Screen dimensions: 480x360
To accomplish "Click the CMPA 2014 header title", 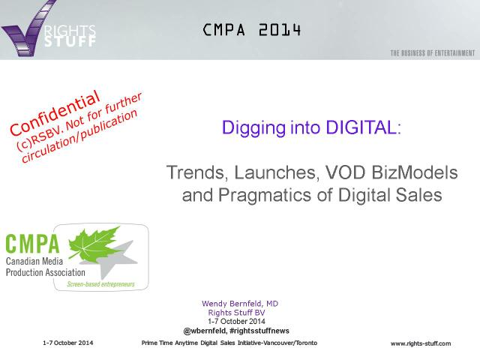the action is click(252, 30).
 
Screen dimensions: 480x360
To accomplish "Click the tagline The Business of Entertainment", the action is click(433, 53).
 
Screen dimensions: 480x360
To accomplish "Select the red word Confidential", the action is click(55, 113).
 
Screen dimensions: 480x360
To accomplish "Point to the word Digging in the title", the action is click(253, 128).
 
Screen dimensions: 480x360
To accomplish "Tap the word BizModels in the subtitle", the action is click(415, 172).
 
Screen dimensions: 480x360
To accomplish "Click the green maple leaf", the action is click(94, 243).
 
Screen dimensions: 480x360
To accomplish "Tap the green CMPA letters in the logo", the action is click(32, 244).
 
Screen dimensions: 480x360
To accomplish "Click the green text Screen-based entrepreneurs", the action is click(100, 284).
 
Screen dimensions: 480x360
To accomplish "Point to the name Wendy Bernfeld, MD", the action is click(240, 304).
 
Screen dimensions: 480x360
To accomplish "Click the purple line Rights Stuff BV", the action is click(236, 313).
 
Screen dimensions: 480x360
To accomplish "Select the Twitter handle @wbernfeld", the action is click(205, 331).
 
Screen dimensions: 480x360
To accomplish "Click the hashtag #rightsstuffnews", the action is click(259, 331).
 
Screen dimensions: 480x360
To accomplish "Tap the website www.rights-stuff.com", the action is click(421, 343).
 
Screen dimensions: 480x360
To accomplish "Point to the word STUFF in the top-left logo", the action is click(70, 41).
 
